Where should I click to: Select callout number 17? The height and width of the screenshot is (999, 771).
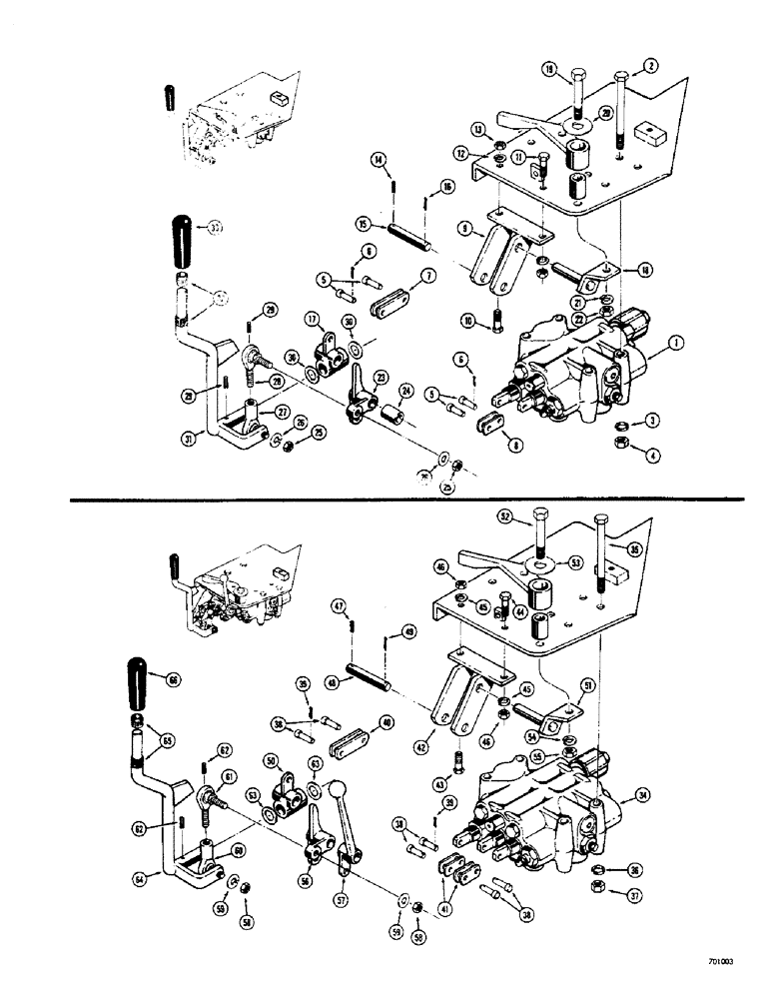[313, 321]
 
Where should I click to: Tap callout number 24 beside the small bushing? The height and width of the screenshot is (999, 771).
[406, 391]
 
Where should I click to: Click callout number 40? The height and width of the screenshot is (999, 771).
[386, 722]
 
